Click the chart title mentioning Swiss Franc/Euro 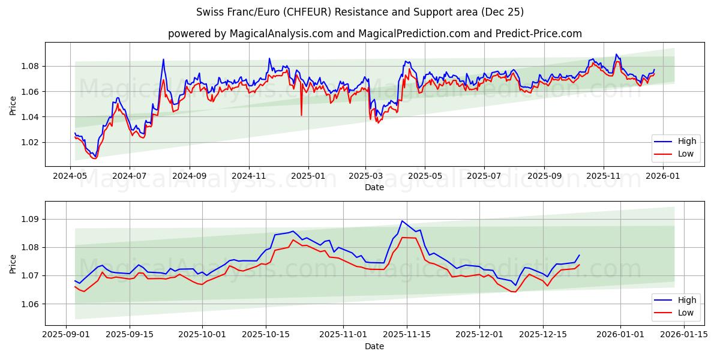click(x=360, y=12)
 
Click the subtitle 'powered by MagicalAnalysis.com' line click(x=374, y=34)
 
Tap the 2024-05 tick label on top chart click(x=71, y=176)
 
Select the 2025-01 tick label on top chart click(x=308, y=176)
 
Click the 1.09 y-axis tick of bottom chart click(x=29, y=219)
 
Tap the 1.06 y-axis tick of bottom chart click(x=29, y=304)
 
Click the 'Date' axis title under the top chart click(x=374, y=187)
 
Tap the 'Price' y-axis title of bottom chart click(x=13, y=264)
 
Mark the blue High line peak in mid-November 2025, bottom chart click(x=402, y=221)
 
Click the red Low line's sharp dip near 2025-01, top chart click(x=301, y=115)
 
